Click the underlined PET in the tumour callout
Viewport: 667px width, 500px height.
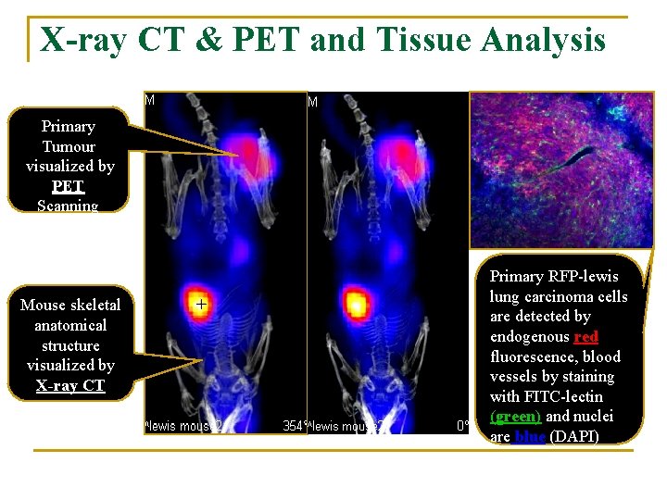(x=69, y=186)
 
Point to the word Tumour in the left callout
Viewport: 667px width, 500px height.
(x=69, y=146)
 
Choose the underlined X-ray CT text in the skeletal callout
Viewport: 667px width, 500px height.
(x=70, y=385)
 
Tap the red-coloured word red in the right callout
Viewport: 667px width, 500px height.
(x=585, y=336)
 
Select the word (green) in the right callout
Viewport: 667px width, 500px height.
(x=515, y=417)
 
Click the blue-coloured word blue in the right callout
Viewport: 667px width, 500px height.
(x=529, y=436)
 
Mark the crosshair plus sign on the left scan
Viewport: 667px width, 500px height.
(x=201, y=302)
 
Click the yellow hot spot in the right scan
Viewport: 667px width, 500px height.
(x=355, y=303)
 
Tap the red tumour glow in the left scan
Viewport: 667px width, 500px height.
(x=249, y=152)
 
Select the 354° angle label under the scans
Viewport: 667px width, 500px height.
(x=294, y=426)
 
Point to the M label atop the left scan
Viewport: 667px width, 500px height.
(x=150, y=99)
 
